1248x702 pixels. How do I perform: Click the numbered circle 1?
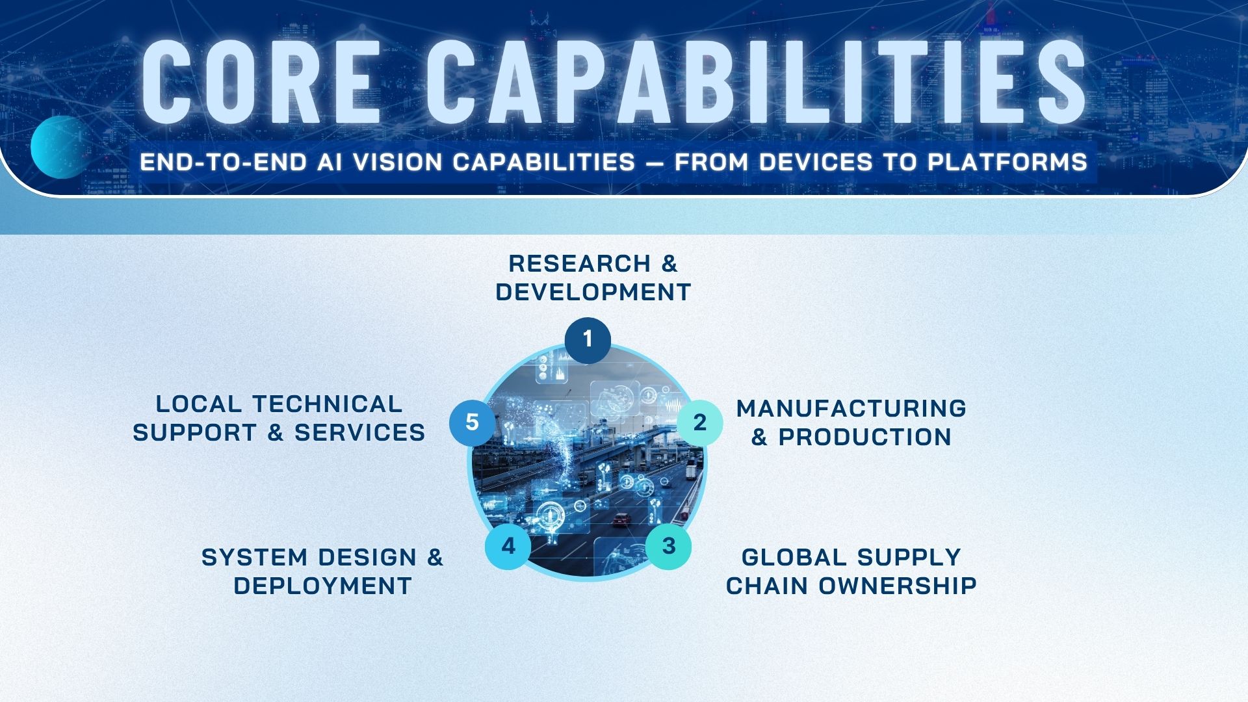[588, 340]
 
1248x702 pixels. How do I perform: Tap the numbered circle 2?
[699, 423]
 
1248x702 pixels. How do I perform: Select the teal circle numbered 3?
[668, 546]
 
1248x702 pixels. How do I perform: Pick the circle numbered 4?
[508, 546]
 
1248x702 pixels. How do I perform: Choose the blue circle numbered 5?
[473, 422]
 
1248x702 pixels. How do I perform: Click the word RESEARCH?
[579, 264]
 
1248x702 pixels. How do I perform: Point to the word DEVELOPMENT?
[593, 292]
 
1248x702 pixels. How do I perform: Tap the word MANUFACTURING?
[851, 409]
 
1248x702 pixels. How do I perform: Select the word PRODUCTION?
[865, 437]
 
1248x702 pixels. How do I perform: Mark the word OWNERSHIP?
[898, 586]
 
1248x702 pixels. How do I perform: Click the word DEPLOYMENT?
[323, 586]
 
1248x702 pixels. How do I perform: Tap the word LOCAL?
[199, 404]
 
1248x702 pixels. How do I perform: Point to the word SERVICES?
[360, 433]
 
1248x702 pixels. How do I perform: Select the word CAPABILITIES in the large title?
[756, 82]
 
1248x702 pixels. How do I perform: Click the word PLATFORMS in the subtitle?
[1007, 162]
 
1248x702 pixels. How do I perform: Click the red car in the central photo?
[622, 519]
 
